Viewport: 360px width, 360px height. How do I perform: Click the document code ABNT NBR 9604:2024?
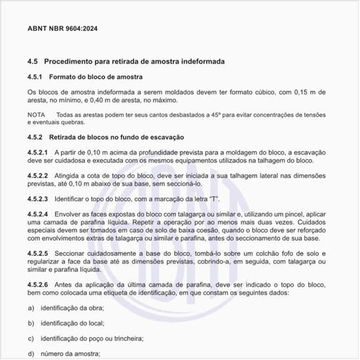(63, 29)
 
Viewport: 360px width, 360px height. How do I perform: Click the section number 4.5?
(33, 61)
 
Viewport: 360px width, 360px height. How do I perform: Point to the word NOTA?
(36, 115)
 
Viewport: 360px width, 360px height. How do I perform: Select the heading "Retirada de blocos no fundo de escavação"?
(118, 137)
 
